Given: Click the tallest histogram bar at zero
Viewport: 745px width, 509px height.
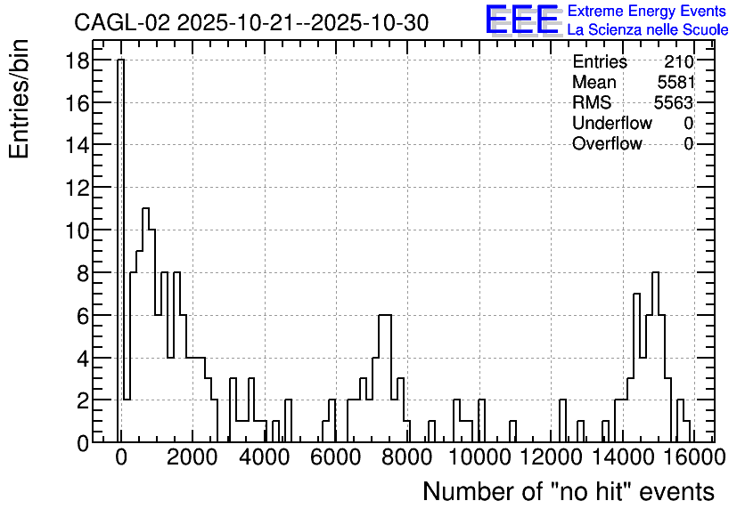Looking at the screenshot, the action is [120, 251].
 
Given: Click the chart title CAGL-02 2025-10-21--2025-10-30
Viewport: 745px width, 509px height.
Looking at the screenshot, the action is [251, 22].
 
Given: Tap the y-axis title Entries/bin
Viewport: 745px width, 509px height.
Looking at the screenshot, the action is [20, 99].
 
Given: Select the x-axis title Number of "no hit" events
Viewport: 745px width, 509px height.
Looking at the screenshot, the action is [569, 491].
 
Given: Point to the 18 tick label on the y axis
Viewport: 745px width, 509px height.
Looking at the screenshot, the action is [77, 61].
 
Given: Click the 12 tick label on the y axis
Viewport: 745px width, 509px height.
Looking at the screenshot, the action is [77, 188].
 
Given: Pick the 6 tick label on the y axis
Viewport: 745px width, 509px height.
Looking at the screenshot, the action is [83, 316].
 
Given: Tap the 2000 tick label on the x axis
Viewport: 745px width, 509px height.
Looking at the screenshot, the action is [192, 457].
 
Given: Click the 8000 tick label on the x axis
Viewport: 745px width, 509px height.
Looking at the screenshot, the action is [407, 457].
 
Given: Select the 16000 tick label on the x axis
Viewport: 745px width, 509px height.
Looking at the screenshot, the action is [693, 457].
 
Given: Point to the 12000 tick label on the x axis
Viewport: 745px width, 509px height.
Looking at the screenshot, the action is [551, 457].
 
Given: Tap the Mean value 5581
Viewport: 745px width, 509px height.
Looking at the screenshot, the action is [676, 82].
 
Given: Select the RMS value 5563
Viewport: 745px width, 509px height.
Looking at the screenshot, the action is [674, 102].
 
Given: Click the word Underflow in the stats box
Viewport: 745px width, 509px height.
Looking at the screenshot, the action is [612, 123].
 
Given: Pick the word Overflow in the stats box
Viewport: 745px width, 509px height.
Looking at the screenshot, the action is [607, 143].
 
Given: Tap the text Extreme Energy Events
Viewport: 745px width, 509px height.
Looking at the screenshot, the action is [647, 11].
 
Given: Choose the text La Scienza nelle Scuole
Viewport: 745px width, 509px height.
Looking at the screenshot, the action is [648, 30].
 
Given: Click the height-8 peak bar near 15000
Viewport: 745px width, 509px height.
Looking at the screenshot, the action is [656, 357].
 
